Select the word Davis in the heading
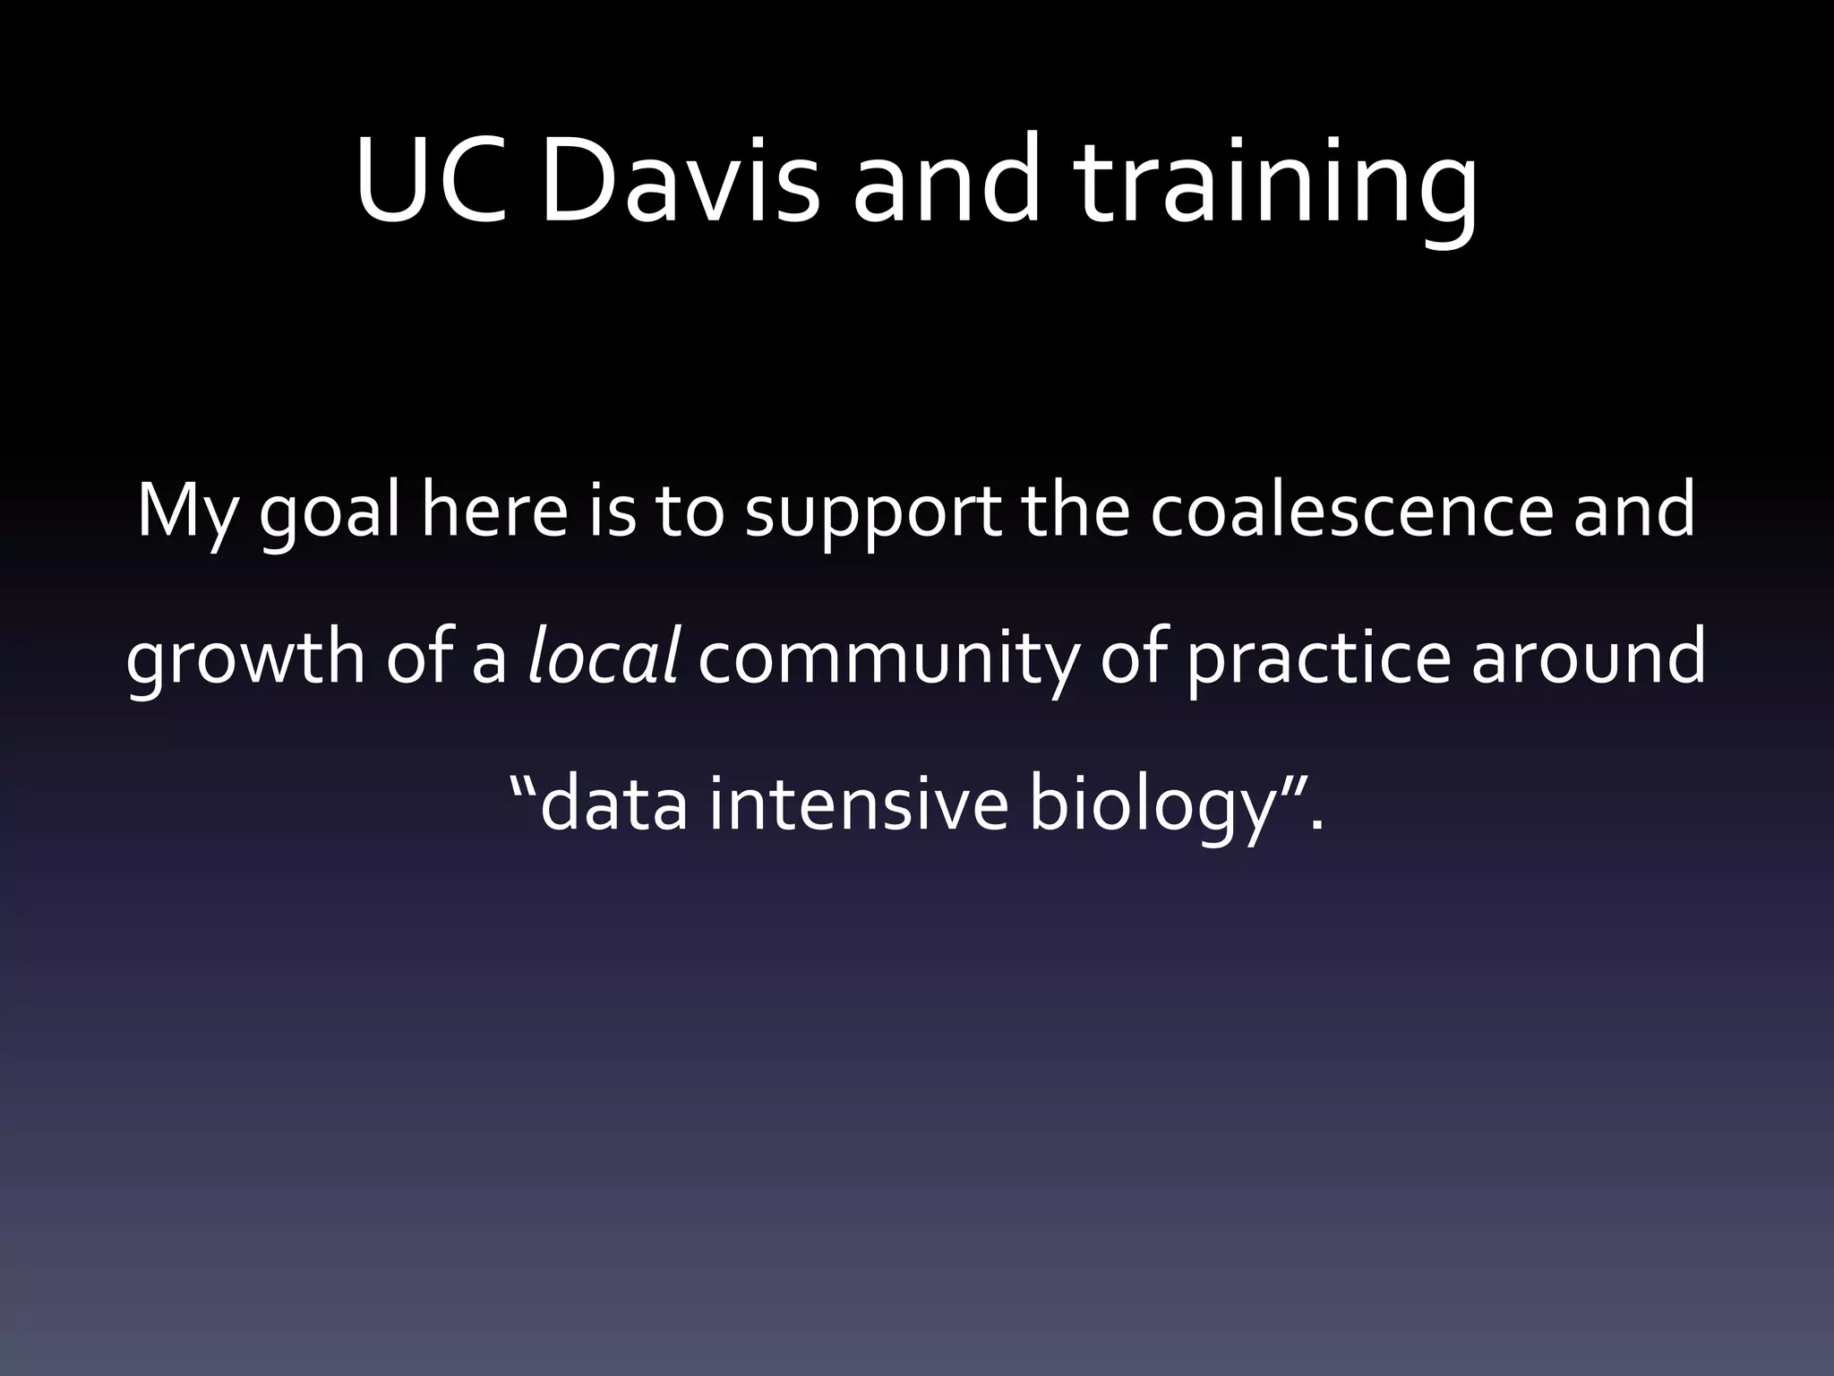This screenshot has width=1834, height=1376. pos(679,179)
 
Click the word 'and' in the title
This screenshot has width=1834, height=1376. pos(947,179)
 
